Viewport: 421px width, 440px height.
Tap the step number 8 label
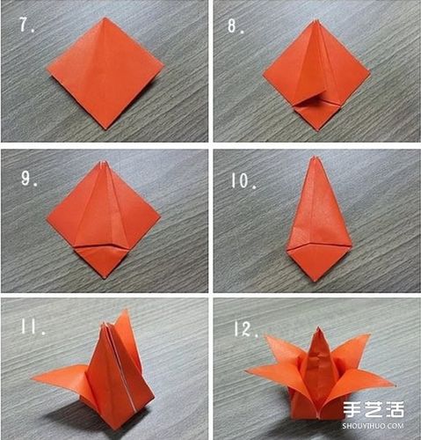tap(236, 26)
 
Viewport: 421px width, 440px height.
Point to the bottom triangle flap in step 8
tap(318, 112)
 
